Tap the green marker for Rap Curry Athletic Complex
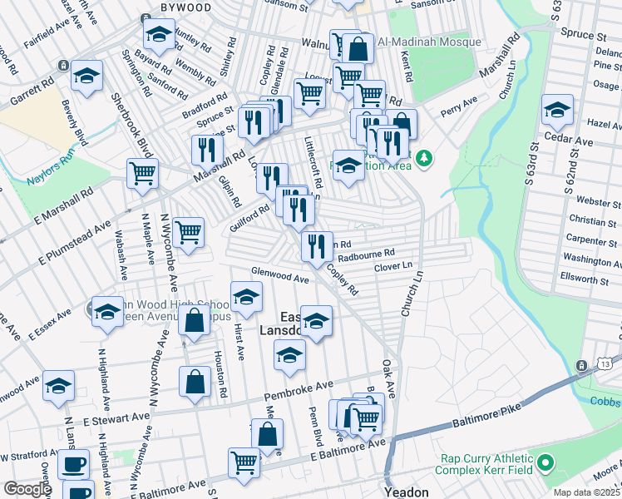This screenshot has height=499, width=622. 545,462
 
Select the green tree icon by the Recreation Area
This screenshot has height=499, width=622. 425,157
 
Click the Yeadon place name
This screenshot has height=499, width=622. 406,492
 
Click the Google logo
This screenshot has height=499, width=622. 27,489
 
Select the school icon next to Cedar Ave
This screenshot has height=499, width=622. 557,108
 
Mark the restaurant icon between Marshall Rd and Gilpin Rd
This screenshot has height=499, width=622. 206,150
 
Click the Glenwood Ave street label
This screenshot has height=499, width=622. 281,276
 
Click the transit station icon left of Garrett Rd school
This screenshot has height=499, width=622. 62,65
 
